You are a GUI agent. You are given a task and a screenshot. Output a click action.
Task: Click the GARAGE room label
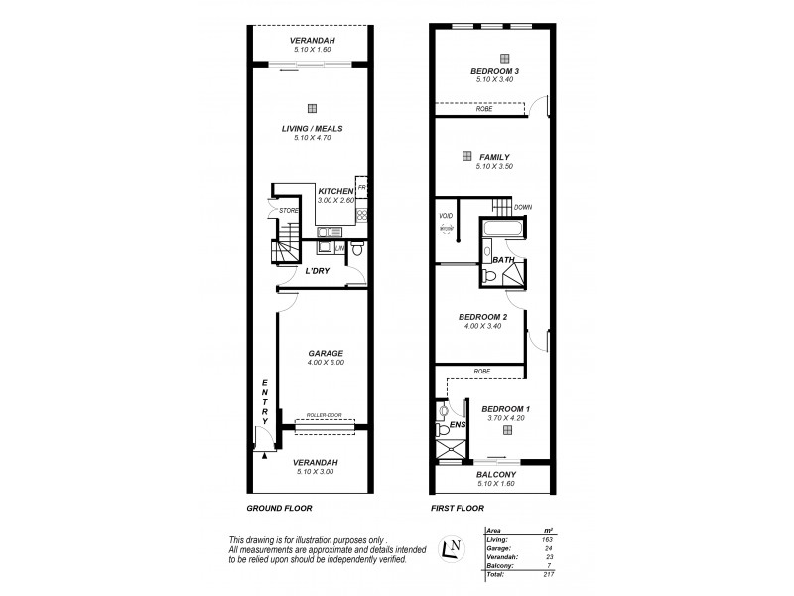pyautogui.click(x=325, y=353)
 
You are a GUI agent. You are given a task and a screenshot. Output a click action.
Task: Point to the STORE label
pyautogui.click(x=288, y=211)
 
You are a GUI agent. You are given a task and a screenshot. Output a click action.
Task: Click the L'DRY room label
pyautogui.click(x=317, y=270)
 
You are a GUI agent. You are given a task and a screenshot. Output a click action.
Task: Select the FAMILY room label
pyautogui.click(x=494, y=157)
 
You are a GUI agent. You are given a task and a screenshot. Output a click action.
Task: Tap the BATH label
pyautogui.click(x=504, y=260)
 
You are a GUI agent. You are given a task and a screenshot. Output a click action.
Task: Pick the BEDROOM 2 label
pyautogui.click(x=485, y=316)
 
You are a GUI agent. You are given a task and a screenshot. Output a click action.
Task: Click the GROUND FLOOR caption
pyautogui.click(x=279, y=508)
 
